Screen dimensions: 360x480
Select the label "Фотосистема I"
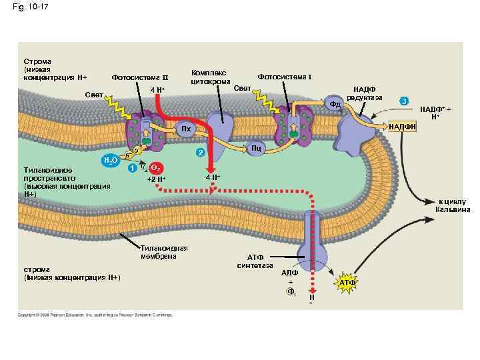coord(285,77)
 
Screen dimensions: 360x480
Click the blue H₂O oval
coord(110,161)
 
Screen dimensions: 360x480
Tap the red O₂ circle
coord(155,167)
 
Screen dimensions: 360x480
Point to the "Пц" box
coord(255,148)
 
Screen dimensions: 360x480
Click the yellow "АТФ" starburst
coord(347,284)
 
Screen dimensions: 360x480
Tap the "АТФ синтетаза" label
coord(256,261)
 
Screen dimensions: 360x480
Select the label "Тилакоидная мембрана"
coord(164,252)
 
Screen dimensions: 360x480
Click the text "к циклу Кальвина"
coord(453,205)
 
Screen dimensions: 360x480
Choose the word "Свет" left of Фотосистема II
coord(94,95)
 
